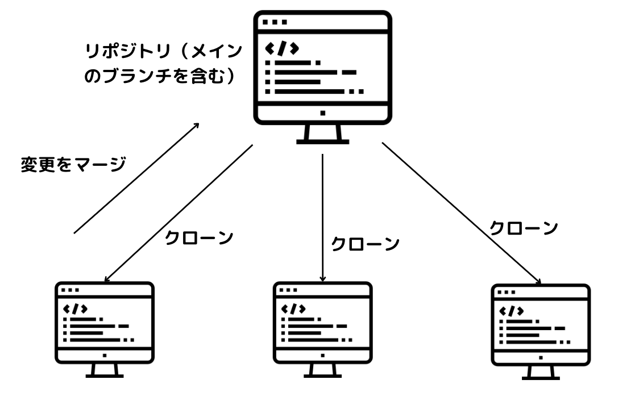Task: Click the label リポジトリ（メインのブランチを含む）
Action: pyautogui.click(x=163, y=64)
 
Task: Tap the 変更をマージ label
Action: pyautogui.click(x=73, y=165)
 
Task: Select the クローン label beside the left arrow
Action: pyautogui.click(x=199, y=238)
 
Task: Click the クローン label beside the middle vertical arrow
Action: pyautogui.click(x=365, y=244)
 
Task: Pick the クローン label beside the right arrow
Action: pyautogui.click(x=524, y=228)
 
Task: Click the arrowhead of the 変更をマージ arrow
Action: pyautogui.click(x=197, y=125)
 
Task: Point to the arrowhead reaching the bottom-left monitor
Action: pyautogui.click(x=106, y=279)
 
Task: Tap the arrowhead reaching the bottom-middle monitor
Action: pyautogui.click(x=323, y=279)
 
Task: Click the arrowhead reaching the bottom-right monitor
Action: pyautogui.click(x=539, y=281)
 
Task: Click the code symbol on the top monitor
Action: pyautogui.click(x=282, y=48)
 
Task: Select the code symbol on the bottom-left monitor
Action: pyautogui.click(x=76, y=308)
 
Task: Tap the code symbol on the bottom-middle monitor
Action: pyautogui.click(x=293, y=308)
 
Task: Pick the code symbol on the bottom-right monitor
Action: pyautogui.click(x=512, y=311)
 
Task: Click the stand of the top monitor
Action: pyautogui.click(x=323, y=135)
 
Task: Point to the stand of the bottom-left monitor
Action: pyautogui.click(x=105, y=370)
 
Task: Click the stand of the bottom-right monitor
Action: pyautogui.click(x=541, y=373)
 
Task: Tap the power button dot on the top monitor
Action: pyautogui.click(x=323, y=113)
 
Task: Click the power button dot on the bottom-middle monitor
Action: pyautogui.click(x=323, y=356)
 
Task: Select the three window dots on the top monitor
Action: pyautogui.click(x=275, y=22)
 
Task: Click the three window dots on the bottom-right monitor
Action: pyautogui.click(x=507, y=293)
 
